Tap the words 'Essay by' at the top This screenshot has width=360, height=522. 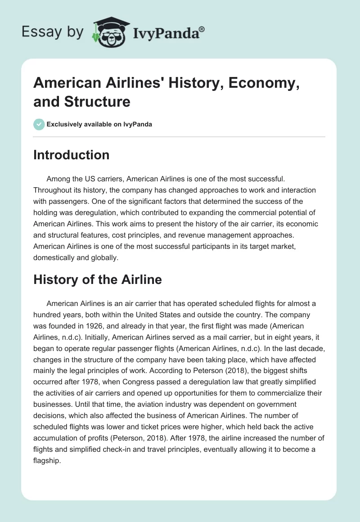[x=53, y=32]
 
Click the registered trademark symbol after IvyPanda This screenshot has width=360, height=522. [x=202, y=29]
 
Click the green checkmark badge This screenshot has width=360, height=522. [x=39, y=124]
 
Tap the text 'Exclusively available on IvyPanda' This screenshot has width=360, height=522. [x=99, y=124]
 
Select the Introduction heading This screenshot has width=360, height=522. [x=71, y=155]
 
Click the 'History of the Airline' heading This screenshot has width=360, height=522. [x=97, y=279]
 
